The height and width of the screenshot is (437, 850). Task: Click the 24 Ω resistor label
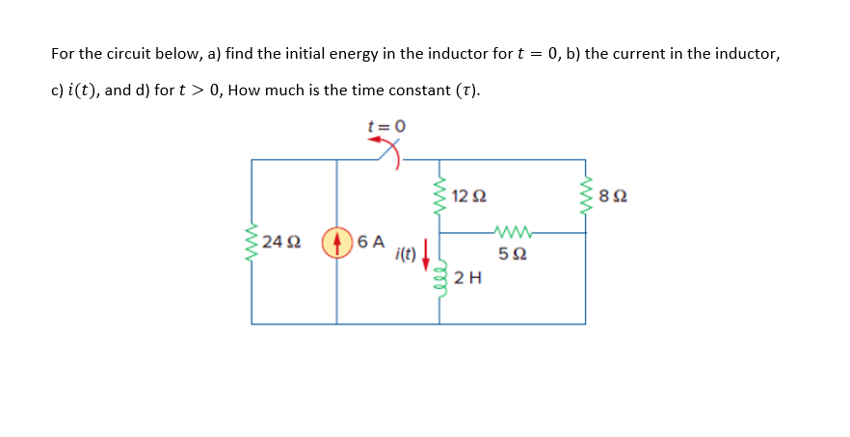[x=280, y=241]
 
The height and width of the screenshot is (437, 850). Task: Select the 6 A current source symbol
[x=336, y=241]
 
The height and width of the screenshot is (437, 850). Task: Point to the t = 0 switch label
[x=386, y=125]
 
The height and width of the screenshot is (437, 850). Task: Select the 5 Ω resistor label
[x=512, y=255]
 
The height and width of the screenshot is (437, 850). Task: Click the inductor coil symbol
[x=440, y=279]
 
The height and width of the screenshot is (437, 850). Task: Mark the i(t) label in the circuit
[x=405, y=255]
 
